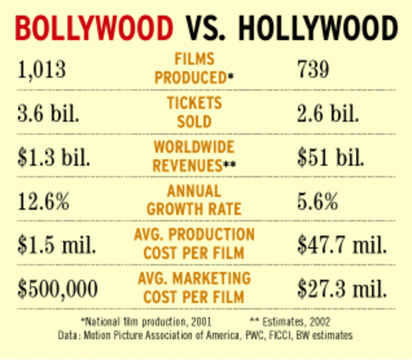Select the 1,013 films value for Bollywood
42,69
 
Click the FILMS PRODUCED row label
194,68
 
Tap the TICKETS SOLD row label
194,112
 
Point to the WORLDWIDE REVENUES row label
194,156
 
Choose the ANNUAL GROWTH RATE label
194,200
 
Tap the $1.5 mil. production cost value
57,245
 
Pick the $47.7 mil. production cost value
342,245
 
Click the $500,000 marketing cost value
58,289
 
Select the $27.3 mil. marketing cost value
342,289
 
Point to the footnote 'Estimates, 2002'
290,322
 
